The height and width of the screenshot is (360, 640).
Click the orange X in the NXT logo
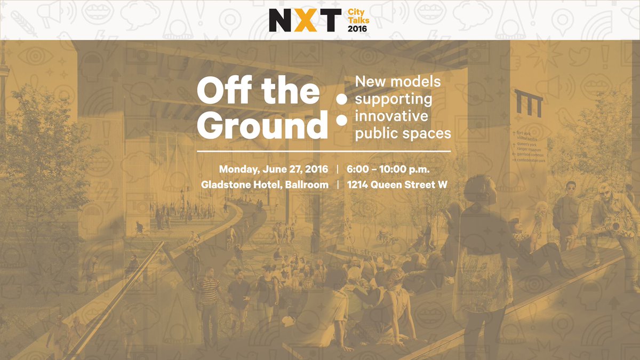(x=306, y=20)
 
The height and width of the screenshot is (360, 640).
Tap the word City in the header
(x=356, y=11)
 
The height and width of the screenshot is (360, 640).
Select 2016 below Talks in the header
(x=357, y=29)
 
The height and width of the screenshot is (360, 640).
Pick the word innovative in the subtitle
(x=391, y=116)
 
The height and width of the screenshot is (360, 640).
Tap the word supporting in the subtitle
(x=394, y=99)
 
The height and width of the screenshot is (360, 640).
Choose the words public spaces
(x=403, y=133)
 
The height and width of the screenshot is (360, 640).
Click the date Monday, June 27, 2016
(x=273, y=170)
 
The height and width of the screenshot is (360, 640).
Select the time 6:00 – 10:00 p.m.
(x=388, y=170)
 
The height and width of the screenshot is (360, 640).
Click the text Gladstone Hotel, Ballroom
(x=265, y=185)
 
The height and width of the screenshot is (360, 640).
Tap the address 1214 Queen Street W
(x=397, y=185)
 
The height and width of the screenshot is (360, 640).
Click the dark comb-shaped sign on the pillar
(x=529, y=103)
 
